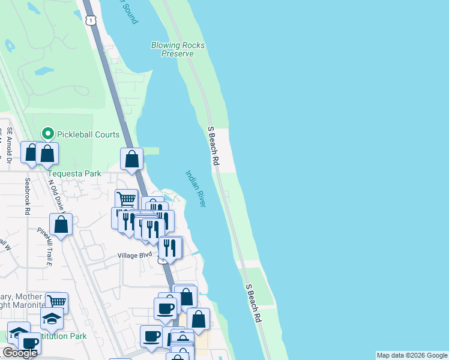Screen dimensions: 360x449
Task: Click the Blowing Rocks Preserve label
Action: pos(177,49)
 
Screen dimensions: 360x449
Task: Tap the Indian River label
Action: pos(195,188)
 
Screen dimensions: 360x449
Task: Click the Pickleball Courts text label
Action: pos(88,134)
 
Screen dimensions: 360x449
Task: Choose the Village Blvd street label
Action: pos(135,255)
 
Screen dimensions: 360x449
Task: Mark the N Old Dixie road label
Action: pos(56,196)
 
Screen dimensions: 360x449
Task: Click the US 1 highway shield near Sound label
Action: pos(90,21)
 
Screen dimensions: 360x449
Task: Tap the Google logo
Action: pos(20,353)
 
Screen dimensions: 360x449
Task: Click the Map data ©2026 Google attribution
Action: pos(412,355)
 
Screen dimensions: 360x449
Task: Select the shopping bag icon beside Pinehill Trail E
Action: pos(61,224)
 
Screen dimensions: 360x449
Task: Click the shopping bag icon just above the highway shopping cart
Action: pos(132,159)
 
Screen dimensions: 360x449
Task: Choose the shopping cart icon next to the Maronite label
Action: pos(56,302)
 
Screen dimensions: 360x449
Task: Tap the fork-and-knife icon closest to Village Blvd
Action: pos(170,247)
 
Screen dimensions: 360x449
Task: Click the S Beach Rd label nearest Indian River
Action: pos(212,146)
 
